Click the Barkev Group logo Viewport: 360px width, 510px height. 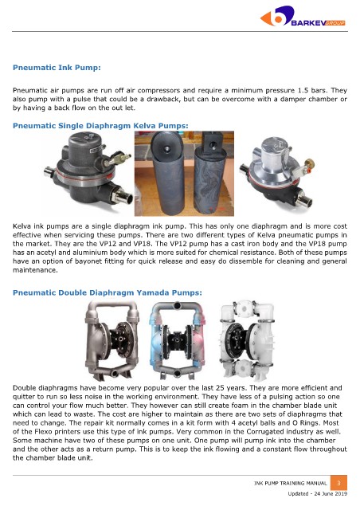tap(303, 16)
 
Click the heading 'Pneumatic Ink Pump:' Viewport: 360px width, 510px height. tap(57, 68)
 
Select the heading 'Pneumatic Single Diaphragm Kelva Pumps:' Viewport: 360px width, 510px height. tap(100, 126)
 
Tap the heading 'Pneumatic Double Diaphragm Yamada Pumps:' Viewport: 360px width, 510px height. tap(108, 292)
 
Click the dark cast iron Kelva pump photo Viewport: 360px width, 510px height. tap(88, 168)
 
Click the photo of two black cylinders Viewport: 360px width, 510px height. tap(184, 174)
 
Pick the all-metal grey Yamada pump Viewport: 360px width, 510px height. tap(112, 340)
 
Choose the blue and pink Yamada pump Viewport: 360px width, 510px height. tap(178, 340)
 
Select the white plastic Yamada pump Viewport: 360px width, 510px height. tap(247, 340)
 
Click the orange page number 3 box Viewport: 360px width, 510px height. tap(338, 483)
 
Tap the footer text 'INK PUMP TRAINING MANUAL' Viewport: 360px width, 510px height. tap(290, 484)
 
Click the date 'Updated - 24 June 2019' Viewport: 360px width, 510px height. tap(318, 494)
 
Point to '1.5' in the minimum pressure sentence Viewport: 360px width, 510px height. tap(303, 90)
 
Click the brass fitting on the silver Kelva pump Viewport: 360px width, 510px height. tap(310, 163)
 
